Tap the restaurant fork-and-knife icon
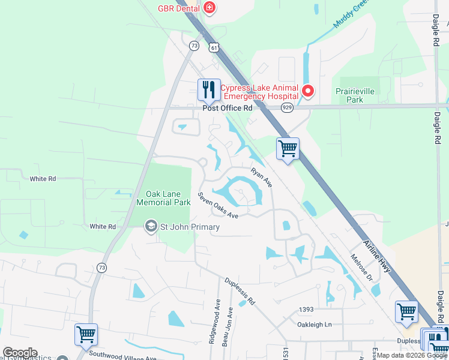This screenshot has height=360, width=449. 209,90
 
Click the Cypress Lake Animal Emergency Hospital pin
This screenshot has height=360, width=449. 308,92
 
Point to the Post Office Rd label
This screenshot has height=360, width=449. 228,108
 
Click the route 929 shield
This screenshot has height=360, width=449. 287,107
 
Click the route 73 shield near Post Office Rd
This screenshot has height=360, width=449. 193,46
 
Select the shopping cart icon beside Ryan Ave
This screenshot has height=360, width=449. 288,148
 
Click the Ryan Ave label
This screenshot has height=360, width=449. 262,177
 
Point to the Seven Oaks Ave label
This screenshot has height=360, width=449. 218,206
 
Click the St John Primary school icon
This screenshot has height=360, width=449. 151,227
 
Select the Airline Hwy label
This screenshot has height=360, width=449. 378,256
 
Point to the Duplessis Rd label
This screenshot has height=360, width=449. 240,290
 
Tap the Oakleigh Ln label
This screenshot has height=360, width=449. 315,325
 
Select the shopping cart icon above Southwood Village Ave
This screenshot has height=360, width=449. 86,334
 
